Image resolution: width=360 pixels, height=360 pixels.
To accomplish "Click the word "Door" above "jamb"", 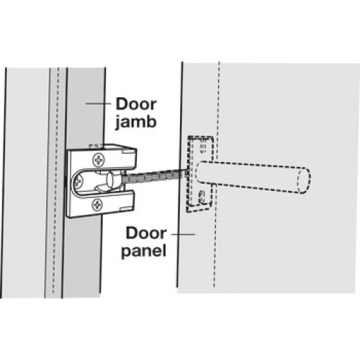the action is (x=136, y=104).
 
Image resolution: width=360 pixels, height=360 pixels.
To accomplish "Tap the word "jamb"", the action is (x=136, y=122).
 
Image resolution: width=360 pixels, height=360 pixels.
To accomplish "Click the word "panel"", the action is (x=143, y=251).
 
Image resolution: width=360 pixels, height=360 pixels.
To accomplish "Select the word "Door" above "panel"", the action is (x=146, y=233).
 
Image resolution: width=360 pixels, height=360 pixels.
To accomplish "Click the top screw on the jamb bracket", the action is (x=99, y=160).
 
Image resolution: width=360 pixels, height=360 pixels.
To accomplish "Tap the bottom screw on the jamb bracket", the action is (x=97, y=204).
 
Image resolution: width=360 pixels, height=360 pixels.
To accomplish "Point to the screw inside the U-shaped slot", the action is (x=78, y=181).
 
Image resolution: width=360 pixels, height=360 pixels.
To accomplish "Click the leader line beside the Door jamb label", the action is (x=98, y=104).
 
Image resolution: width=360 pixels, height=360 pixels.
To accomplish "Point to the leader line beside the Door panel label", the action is (x=183, y=234).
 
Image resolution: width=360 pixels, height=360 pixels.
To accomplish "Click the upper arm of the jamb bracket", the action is (x=112, y=156).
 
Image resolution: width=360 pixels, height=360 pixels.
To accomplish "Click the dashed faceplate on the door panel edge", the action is (x=199, y=174).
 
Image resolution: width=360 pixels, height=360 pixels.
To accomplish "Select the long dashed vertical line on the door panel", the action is (x=217, y=174).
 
